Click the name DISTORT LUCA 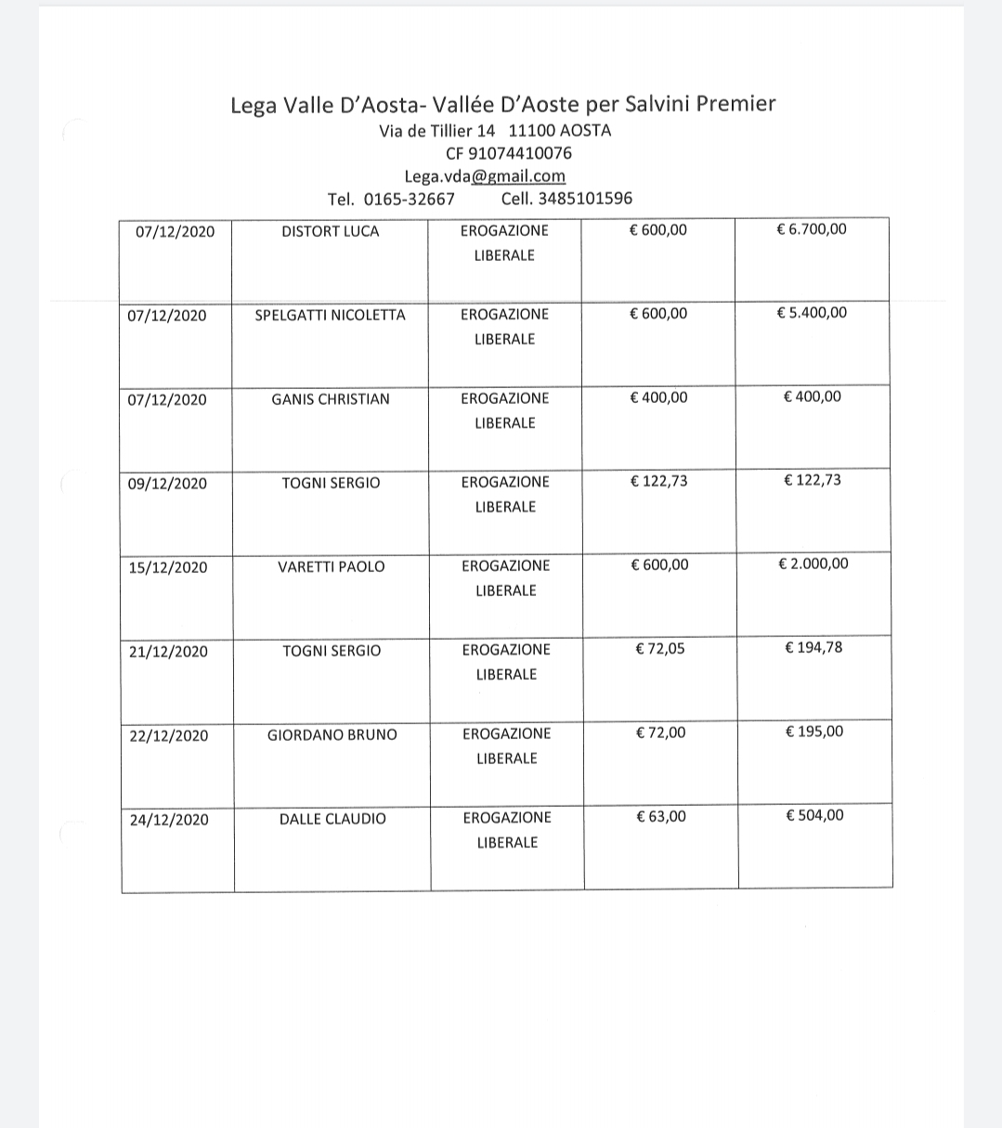330,231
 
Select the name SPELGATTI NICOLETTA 330,315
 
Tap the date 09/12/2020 167,484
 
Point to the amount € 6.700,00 811,229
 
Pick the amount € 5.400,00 812,313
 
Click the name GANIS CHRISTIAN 330,399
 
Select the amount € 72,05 660,649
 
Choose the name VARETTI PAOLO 331,567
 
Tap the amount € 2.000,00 813,564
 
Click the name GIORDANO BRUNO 332,735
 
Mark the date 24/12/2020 169,820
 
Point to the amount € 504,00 814,816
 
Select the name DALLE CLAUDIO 332,820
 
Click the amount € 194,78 813,648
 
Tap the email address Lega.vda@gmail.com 485,176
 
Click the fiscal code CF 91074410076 509,153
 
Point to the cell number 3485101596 585,199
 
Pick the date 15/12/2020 168,567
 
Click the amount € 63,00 660,817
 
